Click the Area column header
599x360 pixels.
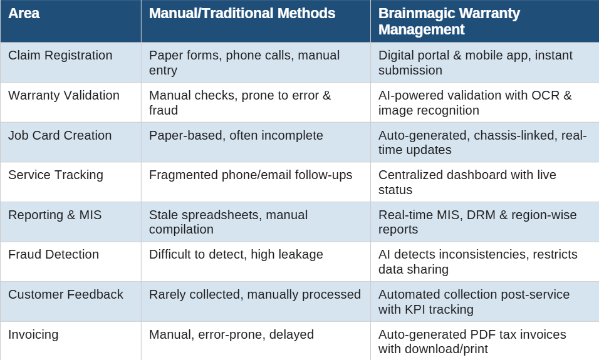tap(24, 13)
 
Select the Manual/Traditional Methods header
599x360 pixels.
tap(242, 13)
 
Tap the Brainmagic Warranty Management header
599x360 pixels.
tap(449, 21)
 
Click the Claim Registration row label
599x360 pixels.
tap(60, 55)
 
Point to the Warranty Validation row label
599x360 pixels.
tap(64, 95)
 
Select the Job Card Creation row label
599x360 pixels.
tap(60, 135)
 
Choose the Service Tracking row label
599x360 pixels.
tap(56, 175)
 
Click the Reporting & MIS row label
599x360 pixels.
tap(55, 215)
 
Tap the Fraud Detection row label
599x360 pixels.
tap(53, 255)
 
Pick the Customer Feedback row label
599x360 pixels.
tap(66, 295)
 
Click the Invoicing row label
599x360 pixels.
tap(33, 335)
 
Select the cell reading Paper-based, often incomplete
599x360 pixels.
tap(236, 135)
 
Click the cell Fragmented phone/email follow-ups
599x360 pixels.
tap(251, 175)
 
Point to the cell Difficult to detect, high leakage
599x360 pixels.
tap(236, 255)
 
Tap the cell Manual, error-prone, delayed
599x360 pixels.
tap(231, 335)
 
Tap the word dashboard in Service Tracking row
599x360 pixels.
tap(477, 175)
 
